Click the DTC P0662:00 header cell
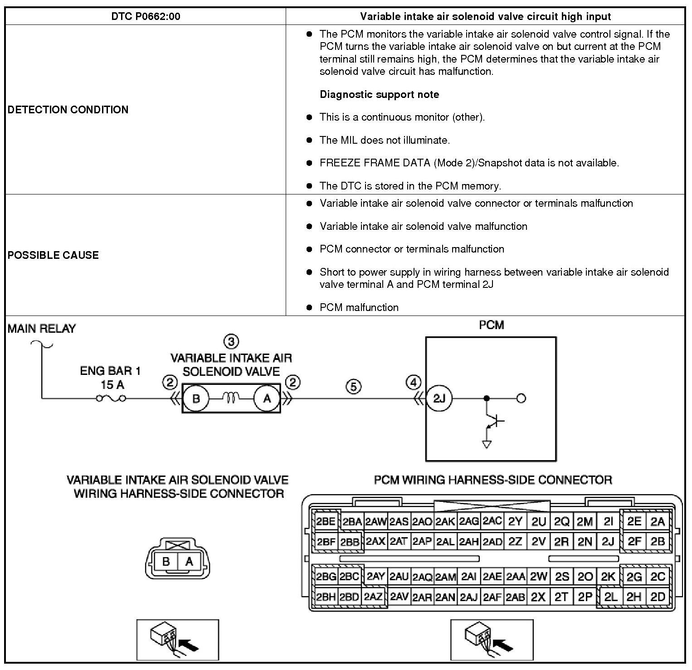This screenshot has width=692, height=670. [x=146, y=17]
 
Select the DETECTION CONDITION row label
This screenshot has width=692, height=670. [x=68, y=110]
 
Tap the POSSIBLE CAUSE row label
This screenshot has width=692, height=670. [x=53, y=255]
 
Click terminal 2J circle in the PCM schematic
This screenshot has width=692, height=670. [x=439, y=398]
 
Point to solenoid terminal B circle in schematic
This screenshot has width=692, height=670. [x=196, y=398]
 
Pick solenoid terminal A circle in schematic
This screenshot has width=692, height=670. [x=267, y=398]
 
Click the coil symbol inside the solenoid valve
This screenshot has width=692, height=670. [x=231, y=398]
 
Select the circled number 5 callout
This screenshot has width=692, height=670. [x=353, y=387]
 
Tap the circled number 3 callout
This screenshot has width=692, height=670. [x=231, y=341]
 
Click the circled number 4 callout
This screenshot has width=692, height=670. [x=413, y=383]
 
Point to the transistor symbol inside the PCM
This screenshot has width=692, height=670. [x=495, y=422]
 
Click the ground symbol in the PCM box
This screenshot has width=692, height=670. [x=487, y=445]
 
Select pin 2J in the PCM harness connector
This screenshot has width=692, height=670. [x=608, y=541]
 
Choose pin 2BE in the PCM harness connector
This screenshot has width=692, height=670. [x=326, y=521]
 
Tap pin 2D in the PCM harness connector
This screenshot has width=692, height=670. [x=658, y=597]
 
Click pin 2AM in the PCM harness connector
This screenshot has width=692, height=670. [x=446, y=577]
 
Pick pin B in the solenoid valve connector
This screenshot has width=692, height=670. [x=166, y=562]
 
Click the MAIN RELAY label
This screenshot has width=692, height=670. [x=42, y=329]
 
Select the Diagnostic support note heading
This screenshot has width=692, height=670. [x=379, y=95]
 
